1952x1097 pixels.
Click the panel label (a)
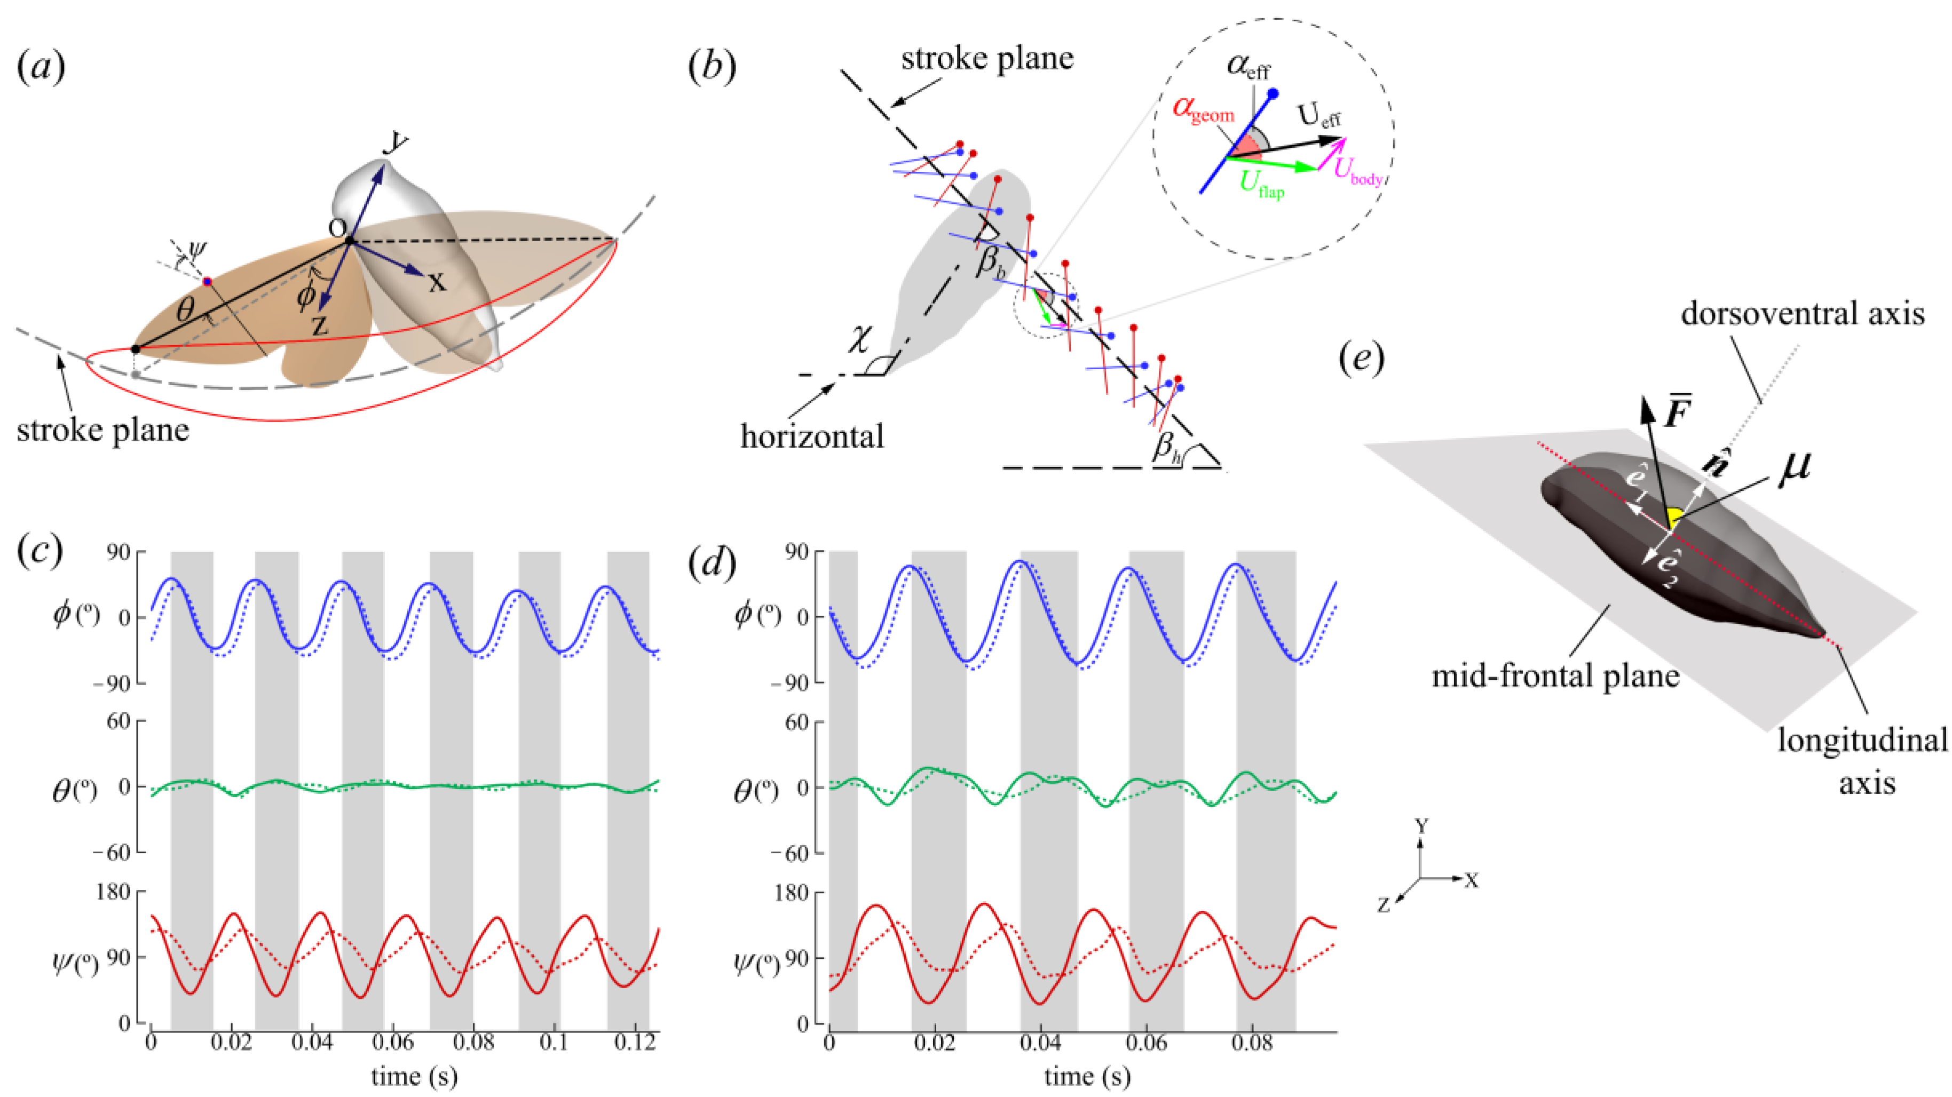[41, 67]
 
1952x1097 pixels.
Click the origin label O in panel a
[337, 227]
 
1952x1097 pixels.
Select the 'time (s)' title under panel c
[414, 1076]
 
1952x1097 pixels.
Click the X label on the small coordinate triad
[1471, 880]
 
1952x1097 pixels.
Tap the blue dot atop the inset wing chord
[1273, 93]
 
